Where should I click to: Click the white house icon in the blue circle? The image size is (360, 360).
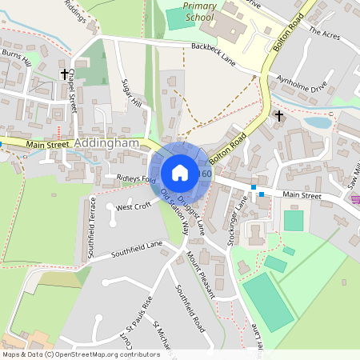pos(180,172)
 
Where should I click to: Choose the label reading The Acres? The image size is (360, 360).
pos(324,34)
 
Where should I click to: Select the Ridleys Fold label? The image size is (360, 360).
pos(136,178)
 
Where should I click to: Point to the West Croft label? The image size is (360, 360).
pos(133,206)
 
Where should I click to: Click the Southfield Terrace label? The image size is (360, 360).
pos(90,227)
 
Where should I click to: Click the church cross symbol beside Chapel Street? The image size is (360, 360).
pos(63,74)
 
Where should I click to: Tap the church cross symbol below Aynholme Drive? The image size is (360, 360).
pos(278,117)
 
